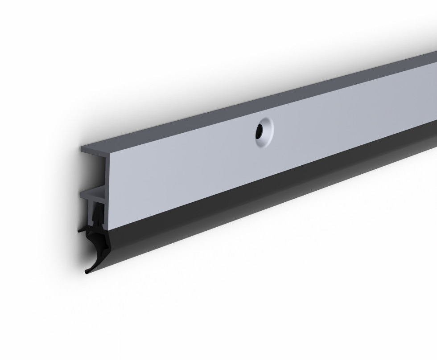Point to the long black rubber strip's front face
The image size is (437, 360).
(x=268, y=196)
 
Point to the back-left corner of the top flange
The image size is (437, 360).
(x=82, y=146)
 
